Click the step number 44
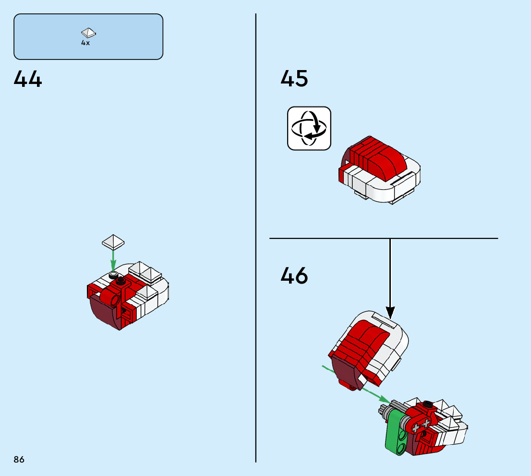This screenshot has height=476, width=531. (28, 79)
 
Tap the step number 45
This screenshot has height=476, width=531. (294, 79)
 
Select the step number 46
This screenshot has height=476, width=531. (294, 276)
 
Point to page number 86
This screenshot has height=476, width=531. (19, 460)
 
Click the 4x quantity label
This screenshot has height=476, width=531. (85, 43)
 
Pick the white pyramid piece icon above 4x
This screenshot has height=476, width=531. (88, 33)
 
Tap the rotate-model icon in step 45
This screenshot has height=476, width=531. (309, 128)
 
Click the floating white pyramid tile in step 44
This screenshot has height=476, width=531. (113, 241)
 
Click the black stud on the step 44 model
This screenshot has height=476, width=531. (121, 281)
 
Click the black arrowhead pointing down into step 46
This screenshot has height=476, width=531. (390, 312)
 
